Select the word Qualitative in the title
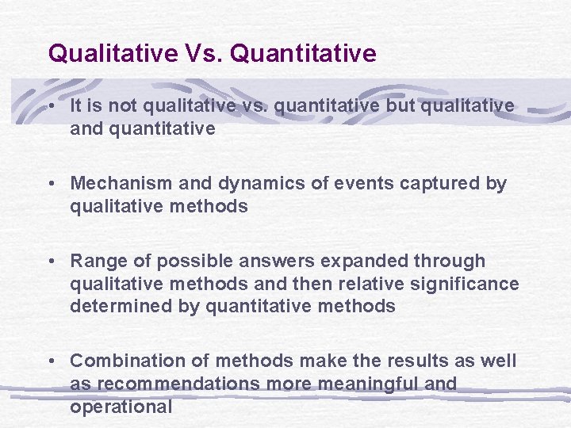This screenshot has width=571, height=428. tap(113, 54)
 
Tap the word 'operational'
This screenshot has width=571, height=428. tap(121, 407)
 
